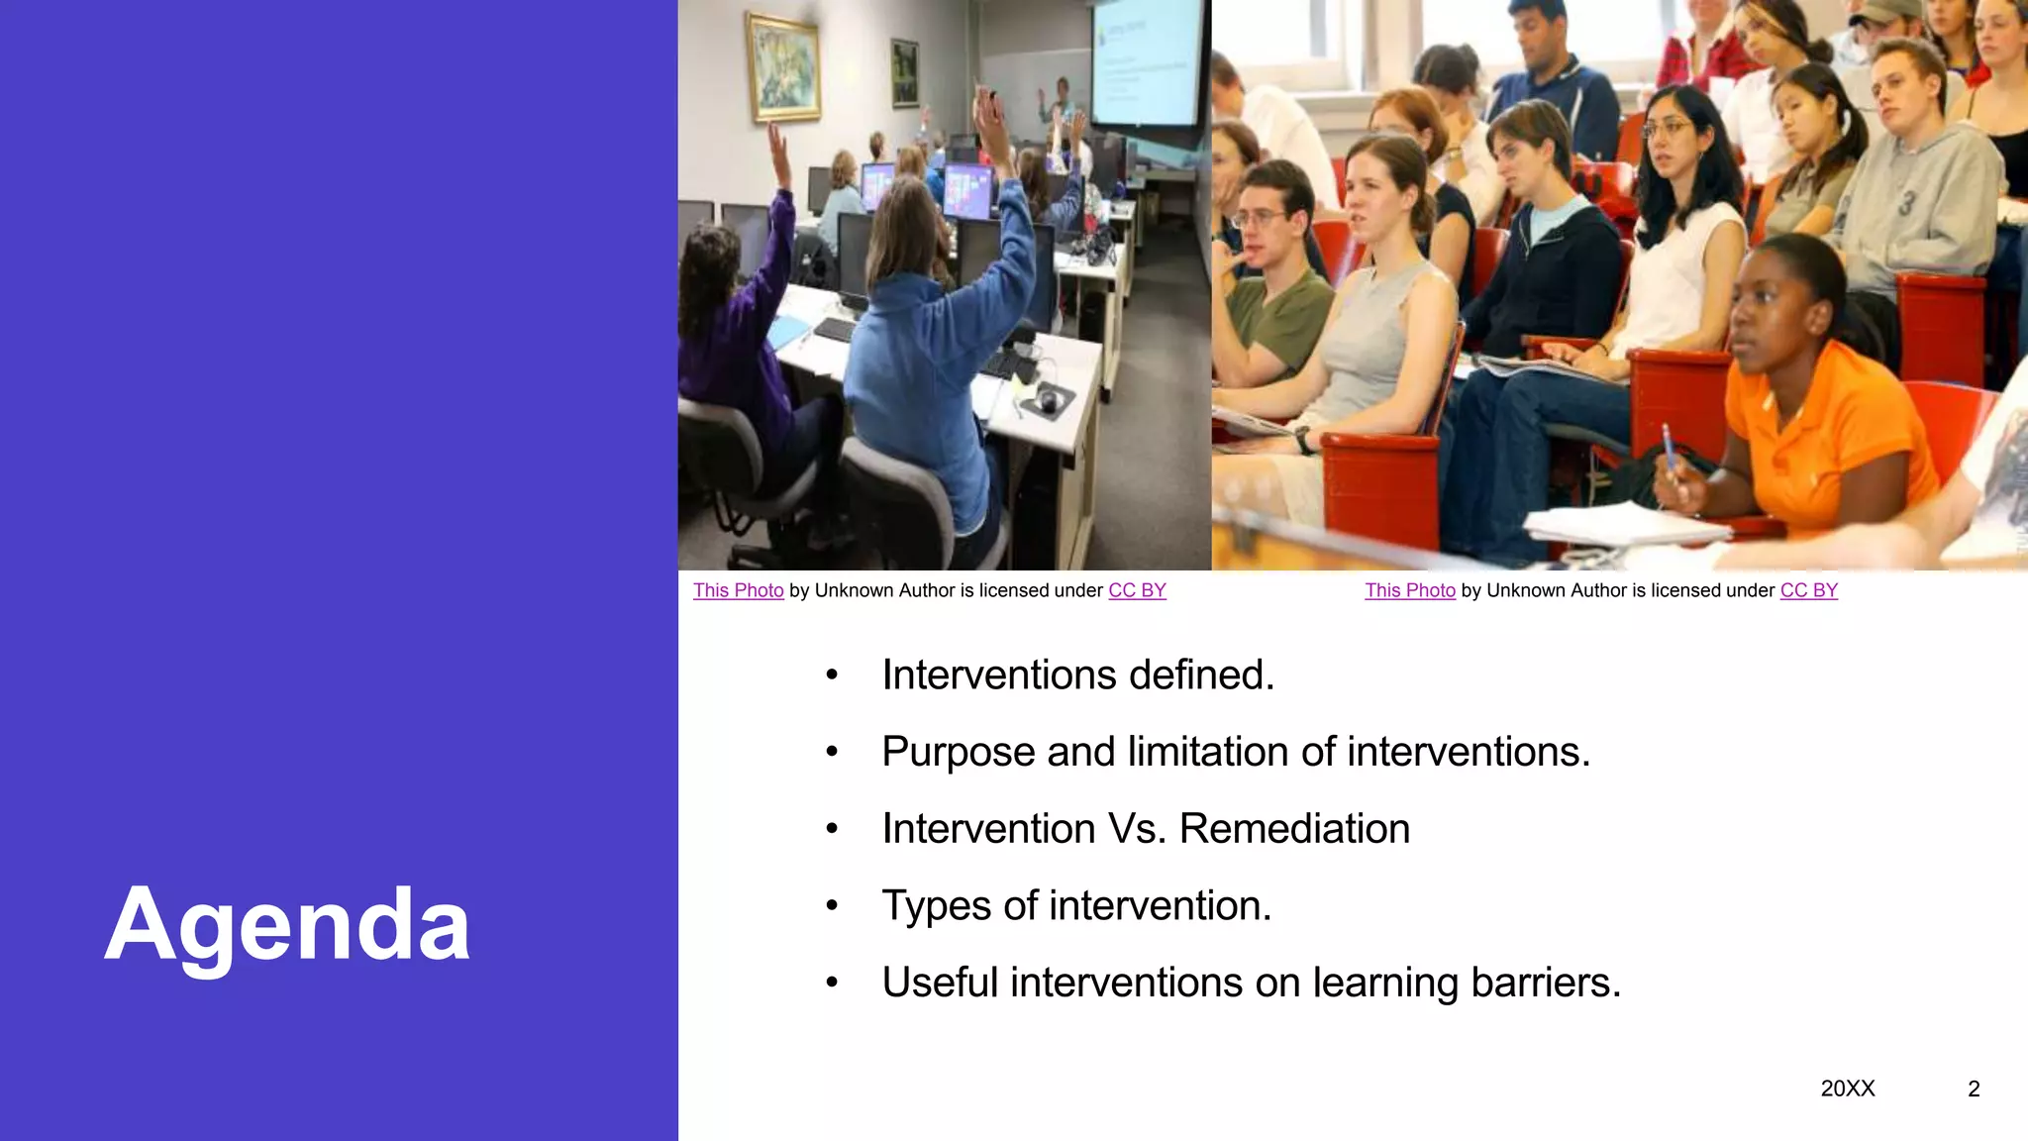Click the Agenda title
[x=287, y=925]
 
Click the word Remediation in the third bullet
[x=1294, y=829]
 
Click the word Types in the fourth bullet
[x=936, y=906]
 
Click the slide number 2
[x=1974, y=1089]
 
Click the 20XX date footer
[x=1848, y=1089]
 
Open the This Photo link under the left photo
[x=738, y=590]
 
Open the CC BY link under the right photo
[x=1808, y=590]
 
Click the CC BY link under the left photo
[x=1137, y=590]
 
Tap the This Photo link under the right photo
[x=1410, y=590]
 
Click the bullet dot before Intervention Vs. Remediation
[x=832, y=829]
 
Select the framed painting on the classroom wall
[x=783, y=67]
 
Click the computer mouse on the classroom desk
[x=1048, y=399]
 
